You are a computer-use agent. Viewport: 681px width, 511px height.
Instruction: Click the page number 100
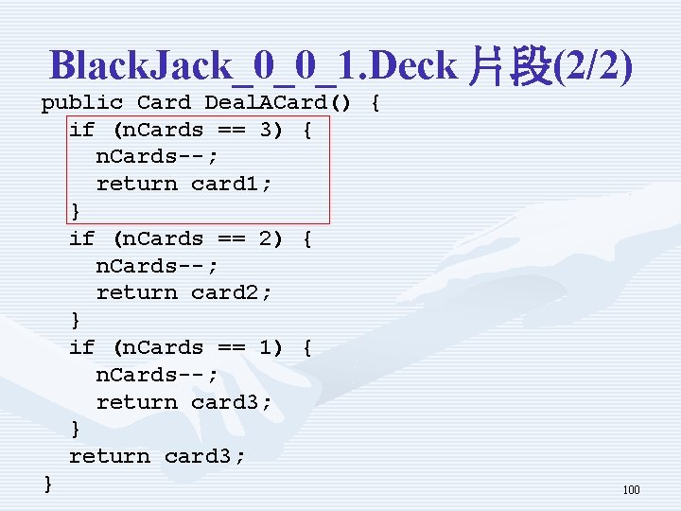point(631,490)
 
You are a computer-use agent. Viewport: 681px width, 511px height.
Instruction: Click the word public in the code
point(81,102)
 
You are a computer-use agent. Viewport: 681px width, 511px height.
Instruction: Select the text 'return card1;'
point(183,184)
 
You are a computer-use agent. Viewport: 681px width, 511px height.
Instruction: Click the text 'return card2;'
point(183,292)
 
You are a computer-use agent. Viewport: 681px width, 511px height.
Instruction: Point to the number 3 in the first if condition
point(266,130)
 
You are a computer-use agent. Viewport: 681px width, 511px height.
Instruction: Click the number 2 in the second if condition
point(266,238)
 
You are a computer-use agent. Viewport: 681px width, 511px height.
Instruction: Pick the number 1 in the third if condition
point(266,347)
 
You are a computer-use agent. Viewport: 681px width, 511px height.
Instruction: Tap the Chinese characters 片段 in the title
point(509,66)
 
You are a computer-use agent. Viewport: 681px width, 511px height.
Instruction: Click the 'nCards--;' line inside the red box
point(157,156)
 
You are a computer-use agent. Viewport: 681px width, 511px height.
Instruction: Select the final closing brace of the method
point(48,484)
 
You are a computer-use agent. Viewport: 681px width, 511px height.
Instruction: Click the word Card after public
point(164,102)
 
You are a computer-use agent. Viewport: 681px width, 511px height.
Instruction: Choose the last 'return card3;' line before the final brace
point(157,456)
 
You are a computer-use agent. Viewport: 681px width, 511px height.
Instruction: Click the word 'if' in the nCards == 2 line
point(81,238)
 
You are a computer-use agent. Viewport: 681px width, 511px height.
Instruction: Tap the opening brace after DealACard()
point(375,102)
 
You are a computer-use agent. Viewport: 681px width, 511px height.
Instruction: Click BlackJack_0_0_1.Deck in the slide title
point(253,66)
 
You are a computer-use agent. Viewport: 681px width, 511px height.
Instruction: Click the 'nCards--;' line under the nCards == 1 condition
point(157,375)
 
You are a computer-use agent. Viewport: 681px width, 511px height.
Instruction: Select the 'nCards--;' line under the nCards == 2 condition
point(157,266)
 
